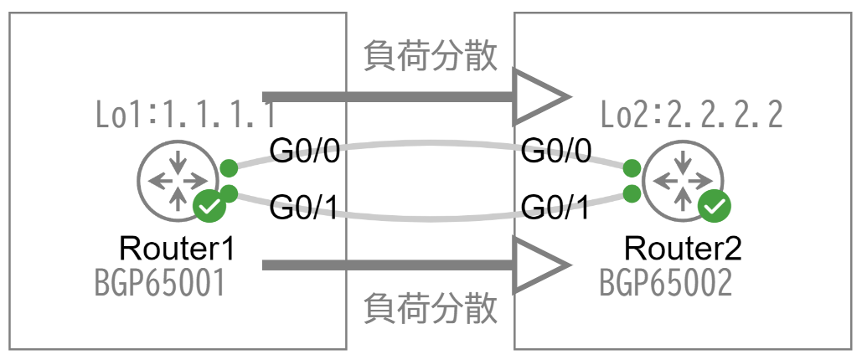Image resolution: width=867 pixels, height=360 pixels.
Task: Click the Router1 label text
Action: [175, 249]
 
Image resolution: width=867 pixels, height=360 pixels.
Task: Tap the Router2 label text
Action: [684, 249]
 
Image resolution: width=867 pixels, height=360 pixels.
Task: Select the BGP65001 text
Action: [160, 284]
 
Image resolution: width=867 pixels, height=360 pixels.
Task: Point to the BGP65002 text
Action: [666, 284]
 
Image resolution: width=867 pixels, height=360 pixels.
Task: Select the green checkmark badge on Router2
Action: [715, 205]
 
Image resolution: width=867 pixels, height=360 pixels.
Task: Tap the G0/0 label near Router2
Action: [556, 152]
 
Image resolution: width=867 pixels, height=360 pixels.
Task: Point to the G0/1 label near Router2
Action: [556, 207]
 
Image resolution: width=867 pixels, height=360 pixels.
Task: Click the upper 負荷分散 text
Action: [431, 56]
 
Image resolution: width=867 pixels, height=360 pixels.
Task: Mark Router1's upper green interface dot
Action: [228, 167]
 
